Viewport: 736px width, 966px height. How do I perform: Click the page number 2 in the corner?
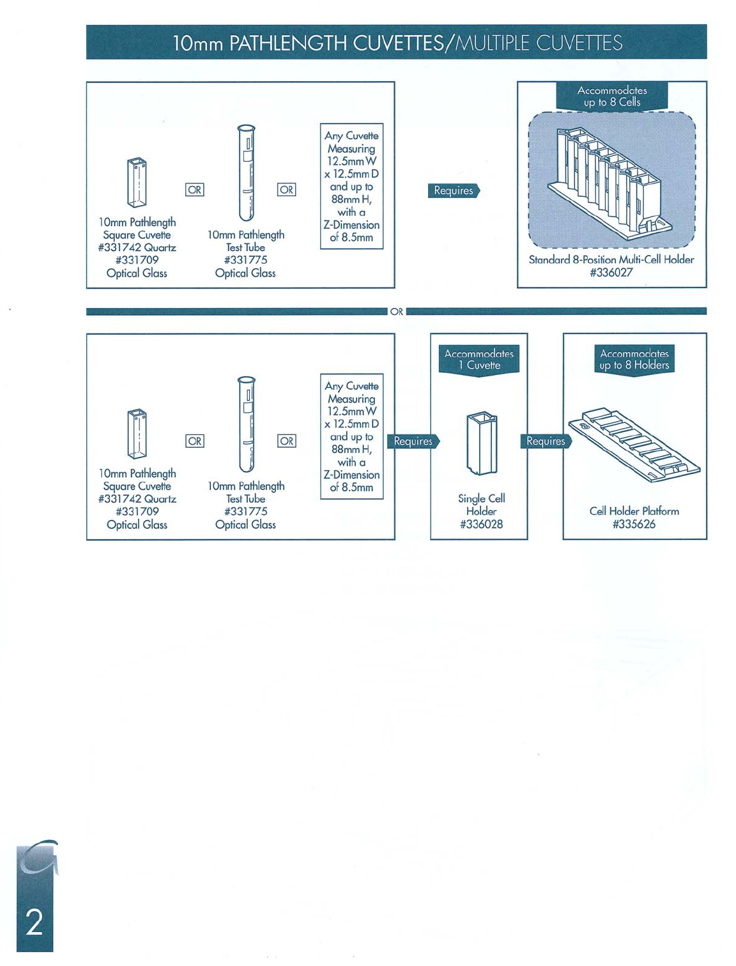pos(34,923)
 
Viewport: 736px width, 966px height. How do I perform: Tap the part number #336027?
pos(611,273)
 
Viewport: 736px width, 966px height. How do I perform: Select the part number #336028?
pos(481,525)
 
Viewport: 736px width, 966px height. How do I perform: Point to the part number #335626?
pos(634,525)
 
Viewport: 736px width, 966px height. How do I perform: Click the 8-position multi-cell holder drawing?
pos(611,180)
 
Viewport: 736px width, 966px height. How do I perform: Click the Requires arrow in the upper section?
pos(454,190)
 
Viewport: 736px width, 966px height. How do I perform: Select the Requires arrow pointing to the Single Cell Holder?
pos(413,441)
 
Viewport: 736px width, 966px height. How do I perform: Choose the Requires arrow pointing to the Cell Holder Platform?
pos(546,441)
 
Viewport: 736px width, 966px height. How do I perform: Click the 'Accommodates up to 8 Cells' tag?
pos(611,96)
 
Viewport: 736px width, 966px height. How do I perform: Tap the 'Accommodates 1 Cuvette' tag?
pos(479,360)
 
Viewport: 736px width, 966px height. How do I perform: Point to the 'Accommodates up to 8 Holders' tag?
pos(634,360)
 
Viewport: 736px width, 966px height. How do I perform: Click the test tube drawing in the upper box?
pos(247,172)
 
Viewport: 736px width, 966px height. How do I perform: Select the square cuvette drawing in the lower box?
pos(137,434)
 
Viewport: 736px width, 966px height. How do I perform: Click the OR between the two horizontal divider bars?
pos(397,312)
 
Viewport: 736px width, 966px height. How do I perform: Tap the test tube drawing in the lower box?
pos(247,424)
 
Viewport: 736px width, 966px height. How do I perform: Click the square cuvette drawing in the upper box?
pos(137,183)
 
